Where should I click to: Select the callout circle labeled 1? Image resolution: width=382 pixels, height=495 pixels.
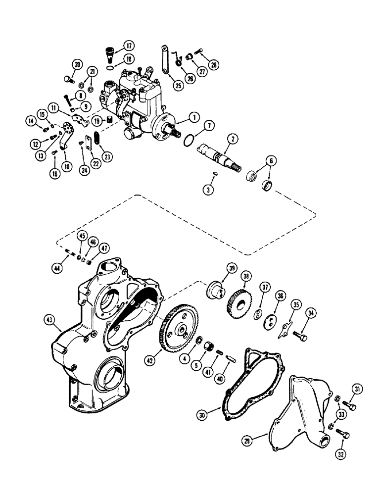point(193,117)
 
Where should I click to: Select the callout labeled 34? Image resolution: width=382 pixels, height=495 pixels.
point(310,312)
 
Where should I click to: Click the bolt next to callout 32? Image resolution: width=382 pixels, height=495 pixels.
point(342,434)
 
